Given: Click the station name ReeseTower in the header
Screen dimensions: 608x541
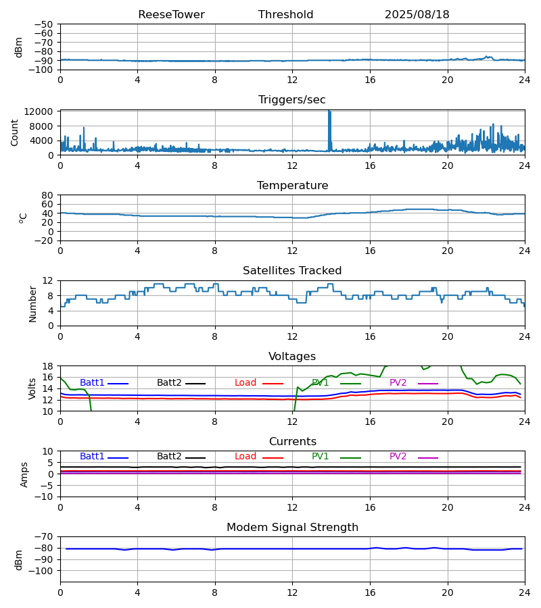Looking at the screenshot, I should pyautogui.click(x=171, y=15).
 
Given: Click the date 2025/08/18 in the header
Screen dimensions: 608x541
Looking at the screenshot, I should pyautogui.click(x=417, y=15).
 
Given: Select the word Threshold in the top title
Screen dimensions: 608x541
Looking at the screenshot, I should pyautogui.click(x=285, y=15).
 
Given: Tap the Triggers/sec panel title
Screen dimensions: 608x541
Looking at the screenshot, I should pyautogui.click(x=292, y=100).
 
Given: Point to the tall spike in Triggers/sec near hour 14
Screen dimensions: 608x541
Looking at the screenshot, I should pyautogui.click(x=330, y=122).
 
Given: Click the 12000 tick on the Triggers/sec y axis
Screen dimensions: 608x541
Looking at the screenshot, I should pyautogui.click(x=43, y=111).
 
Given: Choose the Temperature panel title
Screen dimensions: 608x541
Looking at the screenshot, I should pyautogui.click(x=292, y=186).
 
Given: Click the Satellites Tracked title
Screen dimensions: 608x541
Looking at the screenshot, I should pyautogui.click(x=292, y=271).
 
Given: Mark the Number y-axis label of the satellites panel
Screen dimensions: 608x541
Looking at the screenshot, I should pyautogui.click(x=33, y=303).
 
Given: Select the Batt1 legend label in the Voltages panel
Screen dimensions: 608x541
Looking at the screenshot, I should pyautogui.click(x=92, y=383).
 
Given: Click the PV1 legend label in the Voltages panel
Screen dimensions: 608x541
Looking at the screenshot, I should pyautogui.click(x=320, y=383).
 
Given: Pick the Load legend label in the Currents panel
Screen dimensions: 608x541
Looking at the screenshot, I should pyautogui.click(x=245, y=457).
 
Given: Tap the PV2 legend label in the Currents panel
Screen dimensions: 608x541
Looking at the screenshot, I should pyautogui.click(x=398, y=457).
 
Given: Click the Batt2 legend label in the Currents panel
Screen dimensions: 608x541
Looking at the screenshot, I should pyautogui.click(x=169, y=457).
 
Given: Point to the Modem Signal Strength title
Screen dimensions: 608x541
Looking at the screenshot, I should pyautogui.click(x=292, y=528).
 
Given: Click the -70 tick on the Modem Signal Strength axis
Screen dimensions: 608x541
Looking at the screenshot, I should pyautogui.click(x=45, y=536).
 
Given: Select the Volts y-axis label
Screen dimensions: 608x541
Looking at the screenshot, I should pyautogui.click(x=33, y=388).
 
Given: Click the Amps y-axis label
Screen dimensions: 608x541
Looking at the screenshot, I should pyautogui.click(x=25, y=474).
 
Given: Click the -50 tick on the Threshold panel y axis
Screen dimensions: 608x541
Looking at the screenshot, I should pyautogui.click(x=45, y=24).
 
